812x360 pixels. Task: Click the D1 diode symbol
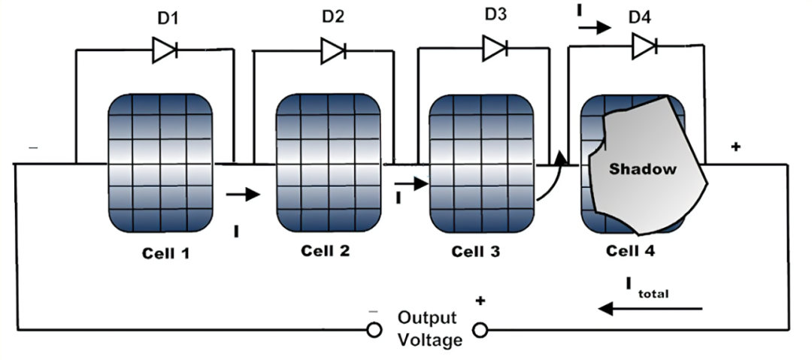pyautogui.click(x=165, y=51)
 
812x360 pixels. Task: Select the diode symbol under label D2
pyautogui.click(x=333, y=51)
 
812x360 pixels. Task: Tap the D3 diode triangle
pyautogui.click(x=495, y=49)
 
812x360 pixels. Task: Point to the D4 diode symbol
pyautogui.click(x=644, y=47)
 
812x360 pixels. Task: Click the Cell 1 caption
pyautogui.click(x=166, y=253)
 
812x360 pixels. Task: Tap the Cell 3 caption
pyautogui.click(x=475, y=251)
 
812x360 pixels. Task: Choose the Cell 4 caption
pyautogui.click(x=630, y=251)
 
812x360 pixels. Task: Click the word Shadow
pyautogui.click(x=643, y=169)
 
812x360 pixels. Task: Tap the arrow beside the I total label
pyautogui.click(x=650, y=308)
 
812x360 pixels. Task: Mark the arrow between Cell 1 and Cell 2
pyautogui.click(x=243, y=195)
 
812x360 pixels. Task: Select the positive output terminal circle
pyautogui.click(x=479, y=329)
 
